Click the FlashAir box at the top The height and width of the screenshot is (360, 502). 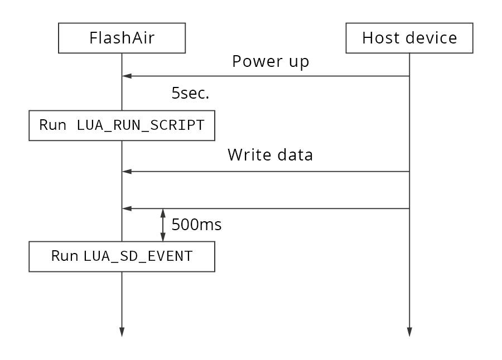point(122,38)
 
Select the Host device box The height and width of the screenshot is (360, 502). point(409,38)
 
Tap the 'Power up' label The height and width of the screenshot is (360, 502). point(271,61)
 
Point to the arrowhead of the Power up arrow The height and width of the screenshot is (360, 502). point(127,76)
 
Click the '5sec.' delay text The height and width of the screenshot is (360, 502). point(190,94)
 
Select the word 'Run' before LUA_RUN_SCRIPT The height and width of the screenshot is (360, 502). point(53,125)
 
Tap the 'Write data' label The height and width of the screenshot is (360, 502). point(270,155)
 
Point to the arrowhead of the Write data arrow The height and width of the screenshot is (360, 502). point(127,172)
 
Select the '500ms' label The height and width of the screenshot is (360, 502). point(196,225)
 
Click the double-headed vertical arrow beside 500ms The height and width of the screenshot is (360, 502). point(163,225)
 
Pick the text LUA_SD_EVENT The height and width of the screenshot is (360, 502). point(138,256)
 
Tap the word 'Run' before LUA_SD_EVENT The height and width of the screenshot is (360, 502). point(65,256)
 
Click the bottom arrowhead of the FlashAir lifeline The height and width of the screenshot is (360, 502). point(122,332)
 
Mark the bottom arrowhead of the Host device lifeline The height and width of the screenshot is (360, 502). point(409,332)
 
